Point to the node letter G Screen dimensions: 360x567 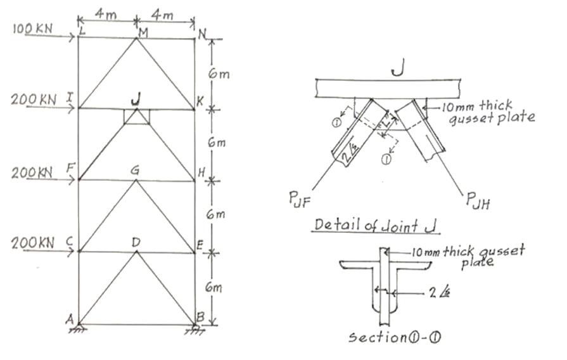coord(134,170)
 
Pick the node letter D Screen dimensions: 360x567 coord(136,242)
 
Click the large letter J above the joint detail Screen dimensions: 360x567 coord(397,69)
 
